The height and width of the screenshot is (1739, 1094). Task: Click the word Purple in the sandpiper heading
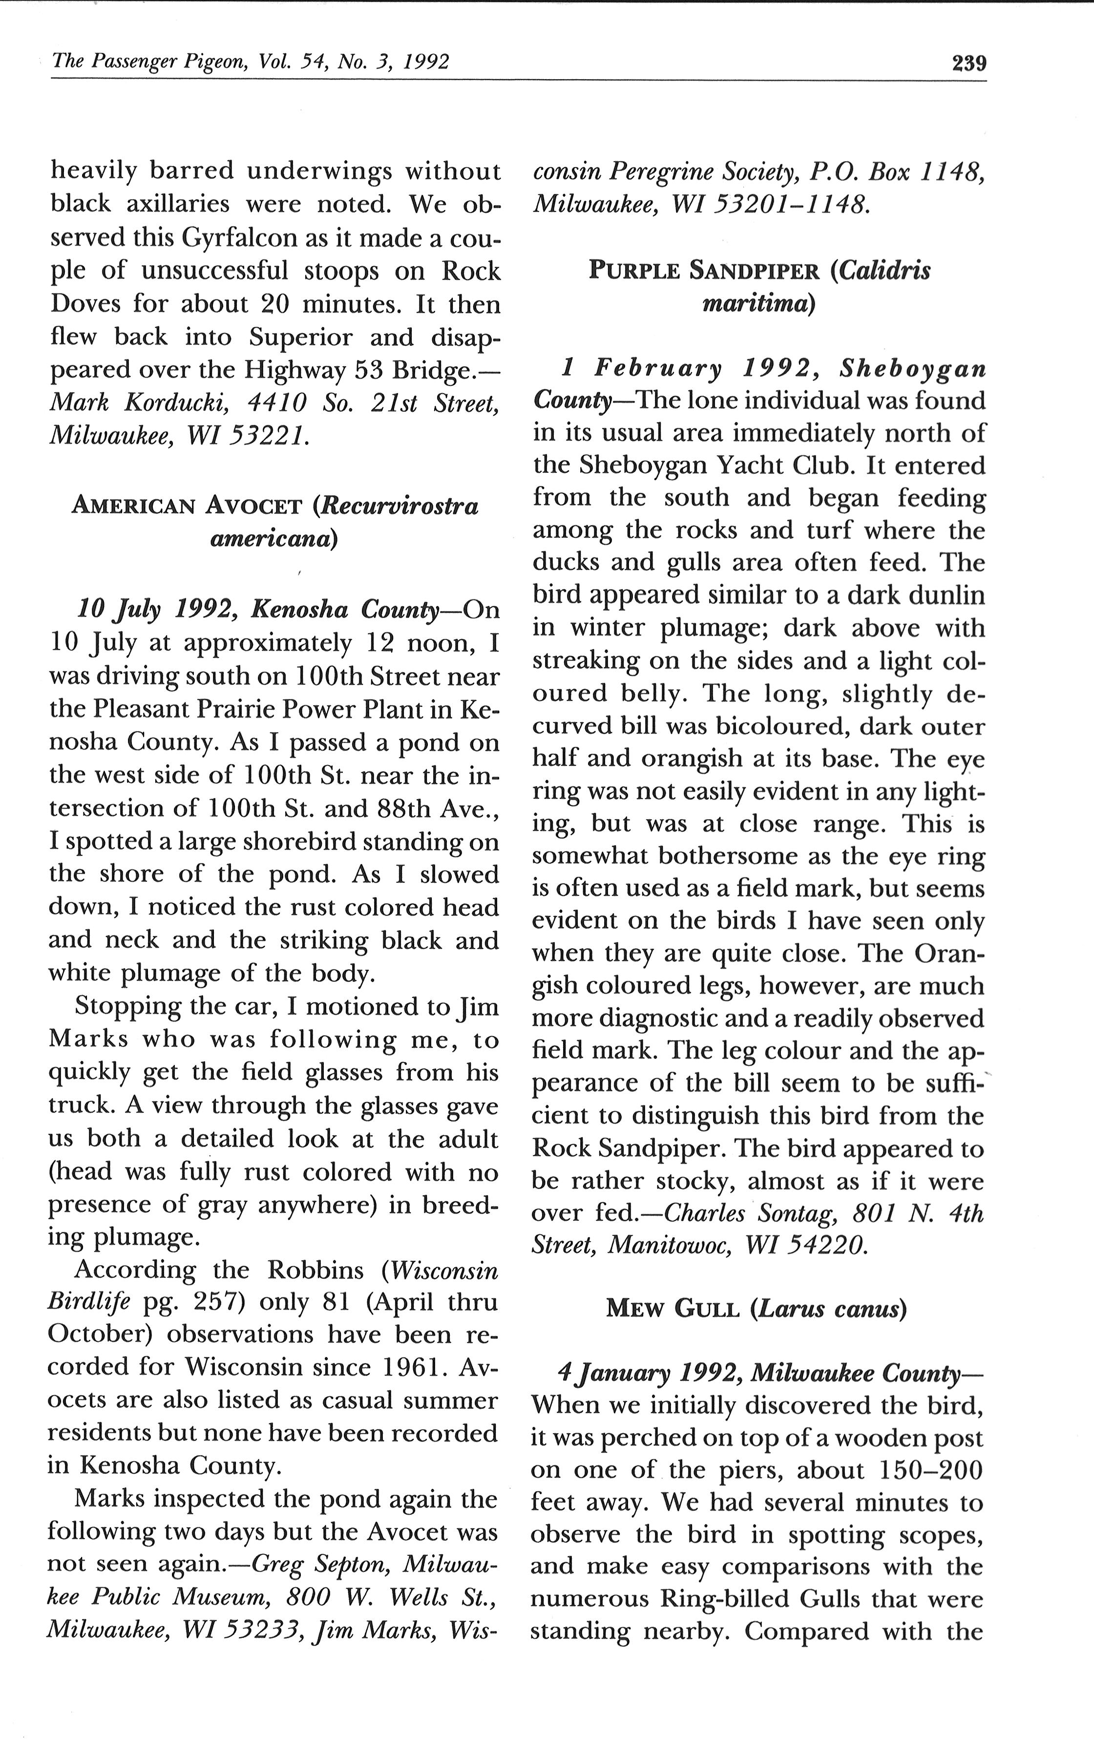coord(631,271)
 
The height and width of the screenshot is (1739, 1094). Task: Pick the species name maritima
coord(754,303)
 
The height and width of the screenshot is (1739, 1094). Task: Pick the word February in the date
coord(658,368)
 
